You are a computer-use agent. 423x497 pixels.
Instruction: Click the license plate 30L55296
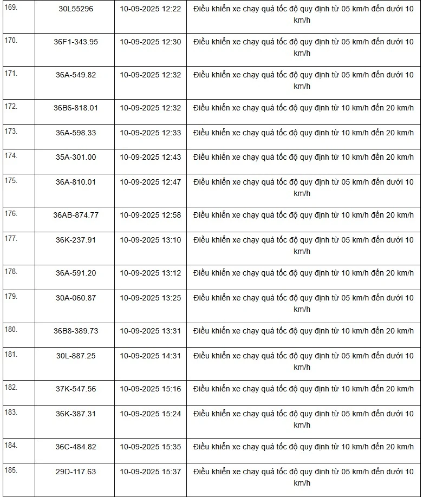(x=75, y=9)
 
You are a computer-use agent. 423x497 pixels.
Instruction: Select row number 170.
(x=11, y=41)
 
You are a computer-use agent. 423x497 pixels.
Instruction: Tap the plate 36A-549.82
(x=75, y=75)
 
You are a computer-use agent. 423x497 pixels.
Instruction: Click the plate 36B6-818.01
(x=75, y=108)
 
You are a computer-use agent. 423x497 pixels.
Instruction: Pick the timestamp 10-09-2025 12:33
(x=151, y=133)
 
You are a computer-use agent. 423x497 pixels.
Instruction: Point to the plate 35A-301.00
(x=75, y=157)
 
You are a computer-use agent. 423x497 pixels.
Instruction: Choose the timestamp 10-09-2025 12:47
(x=151, y=182)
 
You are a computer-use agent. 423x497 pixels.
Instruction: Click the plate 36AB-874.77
(x=75, y=215)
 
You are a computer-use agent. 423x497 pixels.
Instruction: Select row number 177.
(x=11, y=238)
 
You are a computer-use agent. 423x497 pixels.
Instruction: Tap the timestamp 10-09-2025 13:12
(x=151, y=273)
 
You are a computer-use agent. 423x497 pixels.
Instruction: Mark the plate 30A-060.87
(x=75, y=298)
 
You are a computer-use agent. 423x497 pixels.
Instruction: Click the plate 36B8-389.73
(x=75, y=331)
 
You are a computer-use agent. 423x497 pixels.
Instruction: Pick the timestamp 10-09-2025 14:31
(x=151, y=356)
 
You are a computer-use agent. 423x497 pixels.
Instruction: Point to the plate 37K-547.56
(x=75, y=389)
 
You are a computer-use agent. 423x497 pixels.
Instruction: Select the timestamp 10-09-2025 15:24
(x=151, y=414)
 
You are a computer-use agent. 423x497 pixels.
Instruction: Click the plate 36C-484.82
(x=75, y=447)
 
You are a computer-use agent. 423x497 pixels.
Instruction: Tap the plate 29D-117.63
(x=75, y=472)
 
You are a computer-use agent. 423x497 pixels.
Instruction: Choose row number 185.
(x=11, y=470)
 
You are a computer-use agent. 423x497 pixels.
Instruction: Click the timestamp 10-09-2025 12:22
(x=151, y=9)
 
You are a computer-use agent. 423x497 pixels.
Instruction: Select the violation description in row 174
(x=303, y=157)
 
